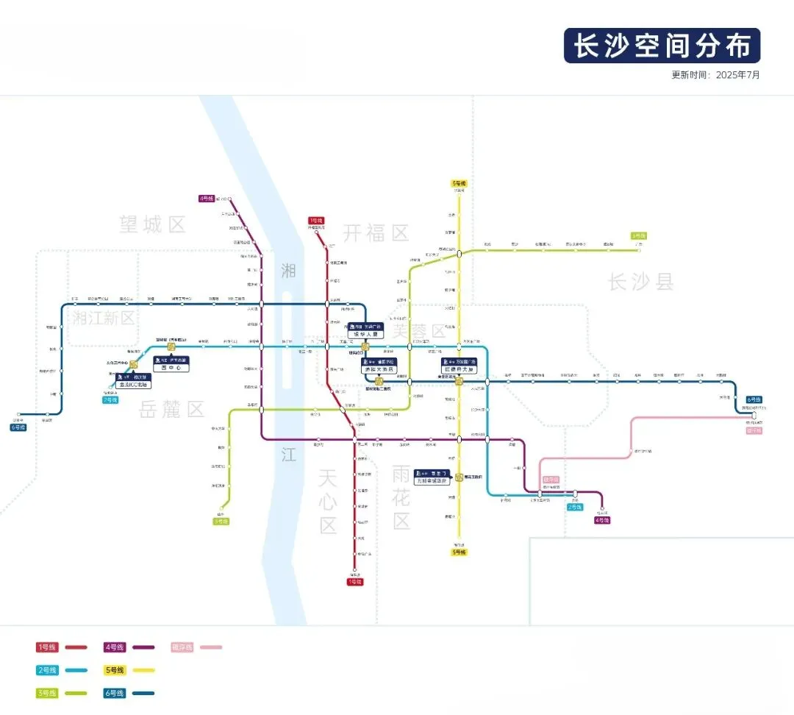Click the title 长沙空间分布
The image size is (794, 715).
click(x=662, y=46)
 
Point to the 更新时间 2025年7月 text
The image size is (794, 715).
click(x=715, y=75)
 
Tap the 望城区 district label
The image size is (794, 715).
click(x=153, y=224)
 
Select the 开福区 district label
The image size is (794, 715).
click(x=376, y=233)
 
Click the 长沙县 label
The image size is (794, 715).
click(x=640, y=281)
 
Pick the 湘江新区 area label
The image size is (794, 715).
click(x=104, y=318)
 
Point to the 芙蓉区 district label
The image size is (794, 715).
click(x=419, y=330)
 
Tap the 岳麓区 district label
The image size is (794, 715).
click(x=171, y=410)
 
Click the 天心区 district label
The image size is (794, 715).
click(x=327, y=502)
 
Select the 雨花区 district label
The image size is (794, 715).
click(x=401, y=497)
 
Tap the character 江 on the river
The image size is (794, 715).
click(x=288, y=455)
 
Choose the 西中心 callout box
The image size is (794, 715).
click(x=171, y=364)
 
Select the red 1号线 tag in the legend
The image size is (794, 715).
click(x=47, y=647)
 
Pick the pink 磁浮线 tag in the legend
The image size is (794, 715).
click(x=182, y=647)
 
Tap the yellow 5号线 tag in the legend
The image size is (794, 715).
click(x=115, y=670)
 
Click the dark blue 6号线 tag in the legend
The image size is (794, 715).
click(x=115, y=693)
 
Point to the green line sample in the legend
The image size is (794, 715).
click(x=76, y=693)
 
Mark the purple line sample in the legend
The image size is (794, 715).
click(x=143, y=647)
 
